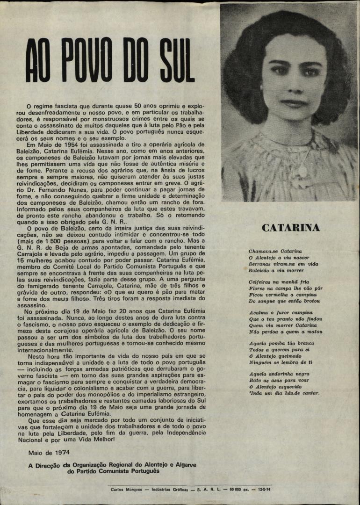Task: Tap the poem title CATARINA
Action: coord(291,228)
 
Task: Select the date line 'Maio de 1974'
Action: coord(48,453)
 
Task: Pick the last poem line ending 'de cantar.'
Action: coord(284,393)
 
